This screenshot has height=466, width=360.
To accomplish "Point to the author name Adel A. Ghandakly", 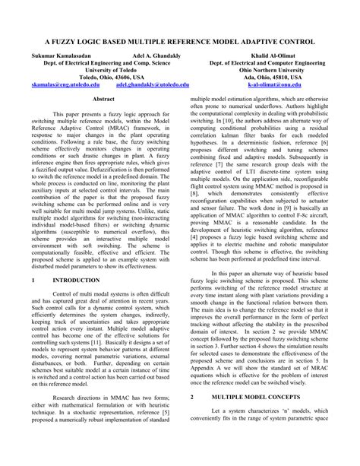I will click(159, 56).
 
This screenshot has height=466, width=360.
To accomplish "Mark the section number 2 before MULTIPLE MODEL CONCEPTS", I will click(193, 418).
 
